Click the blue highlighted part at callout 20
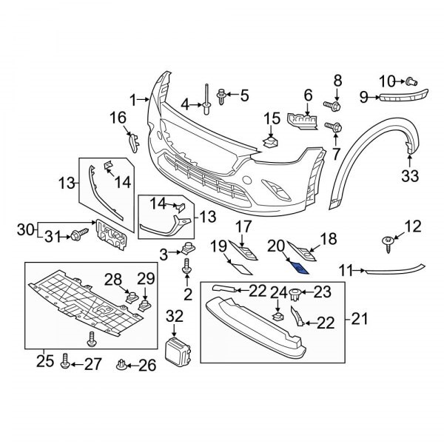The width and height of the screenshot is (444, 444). [x=300, y=269]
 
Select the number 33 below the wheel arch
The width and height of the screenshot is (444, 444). [x=410, y=176]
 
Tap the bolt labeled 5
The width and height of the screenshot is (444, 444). [x=221, y=96]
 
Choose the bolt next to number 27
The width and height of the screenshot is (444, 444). [x=65, y=361]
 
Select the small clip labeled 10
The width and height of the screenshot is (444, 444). [x=411, y=81]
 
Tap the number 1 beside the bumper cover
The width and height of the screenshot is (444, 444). [x=134, y=101]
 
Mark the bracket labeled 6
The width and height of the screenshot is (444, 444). [x=303, y=121]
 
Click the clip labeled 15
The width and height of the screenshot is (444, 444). [x=271, y=142]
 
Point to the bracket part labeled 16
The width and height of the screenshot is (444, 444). [x=134, y=142]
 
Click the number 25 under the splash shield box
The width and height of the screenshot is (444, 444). [x=45, y=361]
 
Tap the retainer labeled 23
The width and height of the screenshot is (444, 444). [x=295, y=294]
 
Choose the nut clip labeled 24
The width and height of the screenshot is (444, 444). [x=277, y=316]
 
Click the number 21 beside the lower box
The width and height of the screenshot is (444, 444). [x=360, y=318]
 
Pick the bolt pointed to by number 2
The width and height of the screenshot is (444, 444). [x=186, y=266]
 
